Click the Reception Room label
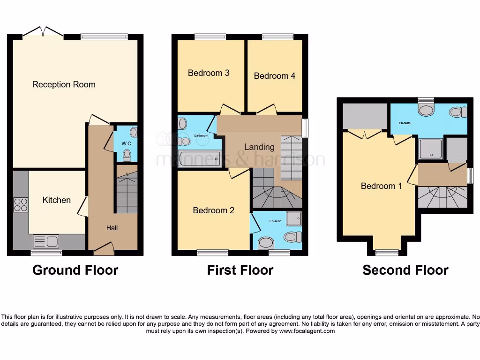point(64,84)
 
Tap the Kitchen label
point(57,200)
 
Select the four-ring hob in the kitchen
point(21,205)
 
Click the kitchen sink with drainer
point(46,241)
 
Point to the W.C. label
point(127,143)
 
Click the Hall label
point(112,228)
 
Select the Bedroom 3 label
point(209,73)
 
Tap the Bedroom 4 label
point(275,75)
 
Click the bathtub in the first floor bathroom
point(199,159)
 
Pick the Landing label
point(259,147)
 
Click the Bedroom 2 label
point(213,210)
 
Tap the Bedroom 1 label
point(381,186)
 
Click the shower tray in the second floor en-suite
point(430,149)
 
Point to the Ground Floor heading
point(75,270)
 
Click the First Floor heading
point(240,270)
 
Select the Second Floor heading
point(405,270)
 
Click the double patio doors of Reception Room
point(43,32)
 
